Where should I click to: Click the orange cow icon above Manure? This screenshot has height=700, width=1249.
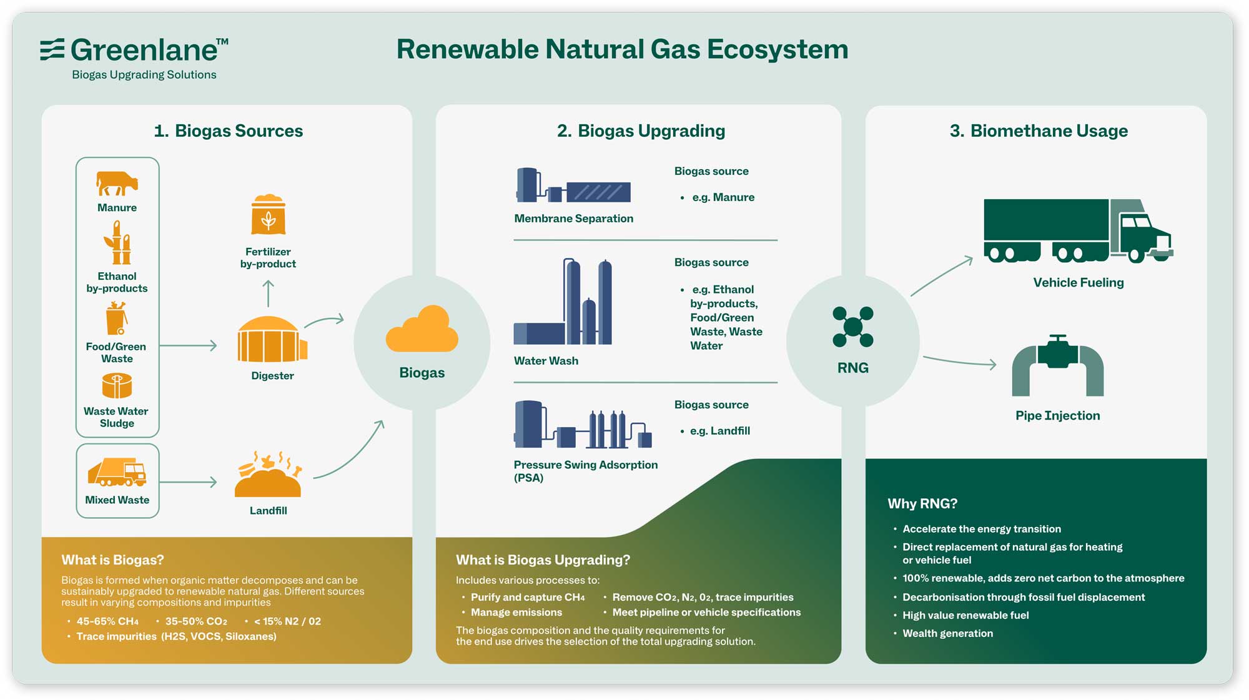[x=117, y=184]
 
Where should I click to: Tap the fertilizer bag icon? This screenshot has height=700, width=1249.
[x=269, y=214]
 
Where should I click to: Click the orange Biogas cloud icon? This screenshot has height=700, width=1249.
[x=422, y=328]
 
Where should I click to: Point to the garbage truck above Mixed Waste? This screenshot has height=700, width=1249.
[x=117, y=472]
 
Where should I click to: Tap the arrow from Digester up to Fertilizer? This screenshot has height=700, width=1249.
[x=269, y=293]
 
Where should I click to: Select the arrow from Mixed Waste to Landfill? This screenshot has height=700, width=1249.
[x=188, y=482]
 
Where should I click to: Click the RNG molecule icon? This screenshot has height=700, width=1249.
[x=853, y=327]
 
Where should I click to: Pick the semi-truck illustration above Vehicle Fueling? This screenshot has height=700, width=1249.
[x=1079, y=230]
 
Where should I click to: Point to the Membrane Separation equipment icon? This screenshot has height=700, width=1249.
[x=573, y=185]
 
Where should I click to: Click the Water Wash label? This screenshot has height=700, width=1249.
[x=546, y=361]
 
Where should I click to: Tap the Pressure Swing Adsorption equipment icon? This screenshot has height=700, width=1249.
[x=583, y=425]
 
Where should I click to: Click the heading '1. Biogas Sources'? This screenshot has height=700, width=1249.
[x=229, y=131]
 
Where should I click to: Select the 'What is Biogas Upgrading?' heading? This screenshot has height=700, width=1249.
[x=543, y=560]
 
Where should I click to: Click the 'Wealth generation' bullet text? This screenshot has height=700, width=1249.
[x=947, y=633]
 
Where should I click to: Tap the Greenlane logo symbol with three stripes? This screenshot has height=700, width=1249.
[x=52, y=49]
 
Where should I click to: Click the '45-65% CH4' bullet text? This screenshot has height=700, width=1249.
[x=107, y=621]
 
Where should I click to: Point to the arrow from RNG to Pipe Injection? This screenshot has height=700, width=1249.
[x=960, y=362]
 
